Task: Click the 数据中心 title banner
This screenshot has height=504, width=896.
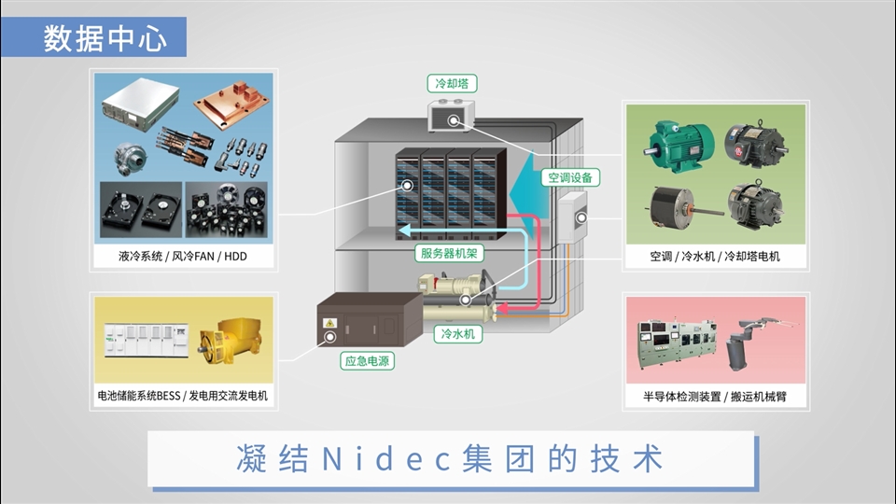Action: tap(105, 38)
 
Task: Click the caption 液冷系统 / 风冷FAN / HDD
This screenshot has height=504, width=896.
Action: tap(183, 256)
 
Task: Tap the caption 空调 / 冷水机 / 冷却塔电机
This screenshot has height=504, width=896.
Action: tap(715, 256)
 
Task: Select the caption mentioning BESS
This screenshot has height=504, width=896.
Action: tap(183, 396)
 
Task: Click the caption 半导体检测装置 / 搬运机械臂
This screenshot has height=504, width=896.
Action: tap(715, 396)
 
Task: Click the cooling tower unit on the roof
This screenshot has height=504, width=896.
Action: tap(452, 119)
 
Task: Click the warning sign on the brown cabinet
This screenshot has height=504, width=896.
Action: tap(329, 323)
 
